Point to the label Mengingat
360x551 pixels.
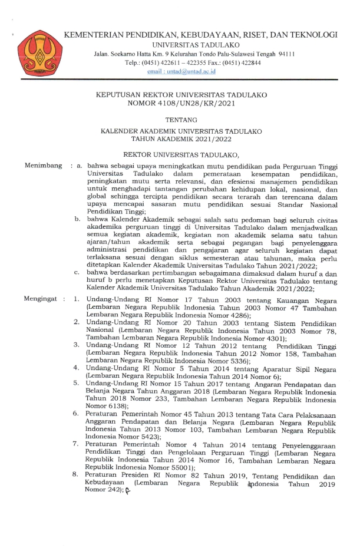[41, 299]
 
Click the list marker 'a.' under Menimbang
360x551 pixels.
[78, 166]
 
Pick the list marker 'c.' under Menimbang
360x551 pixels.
[77, 272]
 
